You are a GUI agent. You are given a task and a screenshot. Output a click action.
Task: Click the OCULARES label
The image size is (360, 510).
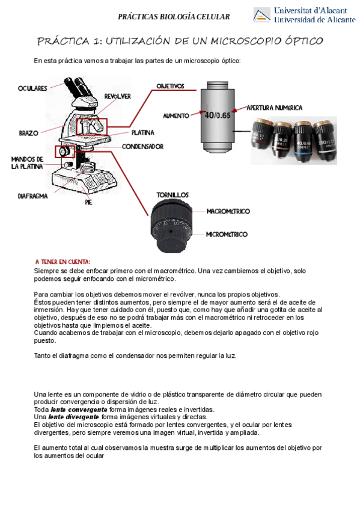(32, 88)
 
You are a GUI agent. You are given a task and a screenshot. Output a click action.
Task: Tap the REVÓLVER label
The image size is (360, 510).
(117, 96)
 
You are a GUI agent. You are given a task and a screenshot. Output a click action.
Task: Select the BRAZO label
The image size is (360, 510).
(29, 133)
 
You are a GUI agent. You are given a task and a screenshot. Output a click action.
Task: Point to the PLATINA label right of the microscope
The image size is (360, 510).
(142, 132)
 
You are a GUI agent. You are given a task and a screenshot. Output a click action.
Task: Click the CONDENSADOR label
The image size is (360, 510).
(142, 147)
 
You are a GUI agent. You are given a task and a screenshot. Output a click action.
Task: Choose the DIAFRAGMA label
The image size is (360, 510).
(32, 196)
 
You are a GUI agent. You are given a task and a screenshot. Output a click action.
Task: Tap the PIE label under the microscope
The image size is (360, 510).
(89, 202)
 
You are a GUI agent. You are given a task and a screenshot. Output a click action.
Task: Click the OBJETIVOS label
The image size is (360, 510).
(170, 86)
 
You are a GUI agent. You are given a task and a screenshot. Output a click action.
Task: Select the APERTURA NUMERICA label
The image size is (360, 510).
(275, 108)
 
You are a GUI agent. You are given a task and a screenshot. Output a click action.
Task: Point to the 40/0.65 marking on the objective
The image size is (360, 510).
(218, 115)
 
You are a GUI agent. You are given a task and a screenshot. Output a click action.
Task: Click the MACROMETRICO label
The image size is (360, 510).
(228, 212)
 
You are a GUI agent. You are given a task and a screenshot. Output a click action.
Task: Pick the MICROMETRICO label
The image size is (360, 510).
(227, 234)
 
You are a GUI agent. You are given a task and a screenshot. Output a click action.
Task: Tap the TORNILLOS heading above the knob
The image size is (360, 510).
(172, 195)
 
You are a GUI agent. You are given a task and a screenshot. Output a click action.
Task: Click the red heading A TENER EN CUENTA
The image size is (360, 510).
(63, 262)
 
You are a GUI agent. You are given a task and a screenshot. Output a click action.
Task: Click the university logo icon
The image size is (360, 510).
(262, 15)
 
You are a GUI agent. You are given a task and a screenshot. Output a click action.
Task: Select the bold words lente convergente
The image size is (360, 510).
(79, 410)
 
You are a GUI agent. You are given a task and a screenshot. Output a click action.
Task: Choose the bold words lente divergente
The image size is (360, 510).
(73, 417)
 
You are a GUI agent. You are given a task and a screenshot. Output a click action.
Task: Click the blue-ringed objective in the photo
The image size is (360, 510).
(303, 141)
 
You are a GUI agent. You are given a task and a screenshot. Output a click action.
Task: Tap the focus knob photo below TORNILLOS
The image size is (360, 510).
(171, 227)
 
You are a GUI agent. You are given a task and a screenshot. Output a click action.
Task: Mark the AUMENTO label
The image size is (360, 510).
(176, 116)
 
